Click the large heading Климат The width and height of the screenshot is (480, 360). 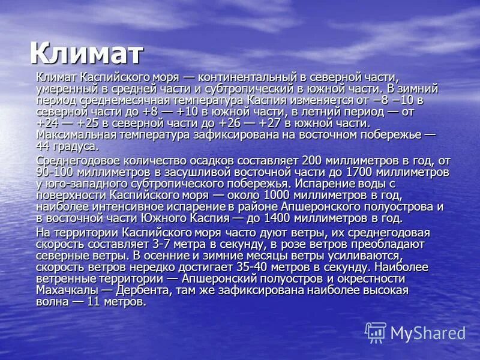[86, 53]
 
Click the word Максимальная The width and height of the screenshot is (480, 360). [73, 134]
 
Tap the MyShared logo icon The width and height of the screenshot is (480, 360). [375, 332]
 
